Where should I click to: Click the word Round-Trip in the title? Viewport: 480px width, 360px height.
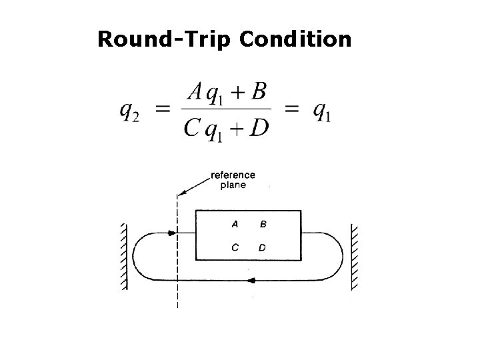164,39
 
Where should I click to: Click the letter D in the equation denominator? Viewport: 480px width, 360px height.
260,127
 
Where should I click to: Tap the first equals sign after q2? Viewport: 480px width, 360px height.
162,111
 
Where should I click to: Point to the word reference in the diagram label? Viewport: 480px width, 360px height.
233,175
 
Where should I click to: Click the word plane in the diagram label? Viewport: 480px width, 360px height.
233,185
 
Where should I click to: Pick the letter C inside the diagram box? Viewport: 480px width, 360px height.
235,247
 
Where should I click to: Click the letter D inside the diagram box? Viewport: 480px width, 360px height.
262,247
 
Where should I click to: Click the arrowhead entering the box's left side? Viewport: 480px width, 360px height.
173,234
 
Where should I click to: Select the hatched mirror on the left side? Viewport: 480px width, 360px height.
123,256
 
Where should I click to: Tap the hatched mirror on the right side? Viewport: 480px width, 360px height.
355,256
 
